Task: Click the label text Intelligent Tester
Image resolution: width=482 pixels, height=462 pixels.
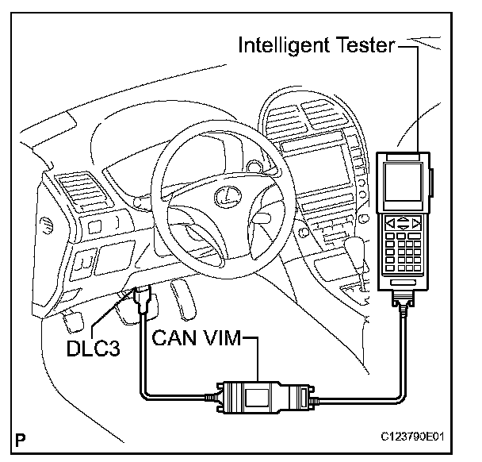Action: point(316,45)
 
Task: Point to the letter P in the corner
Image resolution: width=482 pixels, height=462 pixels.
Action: point(19,437)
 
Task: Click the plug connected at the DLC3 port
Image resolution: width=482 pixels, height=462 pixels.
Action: point(143,302)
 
